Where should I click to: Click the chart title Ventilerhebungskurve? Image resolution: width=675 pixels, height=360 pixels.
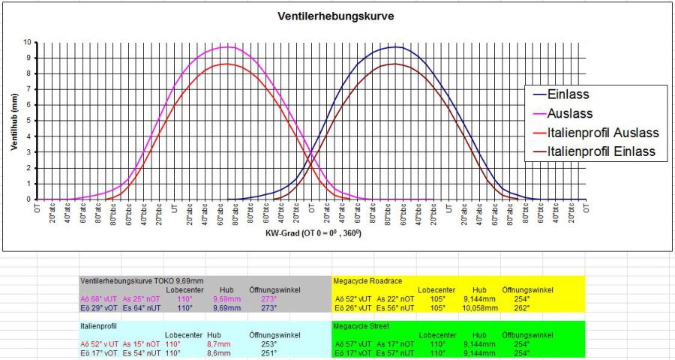(337, 16)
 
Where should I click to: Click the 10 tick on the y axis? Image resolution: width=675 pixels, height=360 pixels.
(28, 43)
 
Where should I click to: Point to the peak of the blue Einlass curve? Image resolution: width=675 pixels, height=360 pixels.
(397, 47)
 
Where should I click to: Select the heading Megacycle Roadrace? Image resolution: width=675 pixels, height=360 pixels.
(367, 280)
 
